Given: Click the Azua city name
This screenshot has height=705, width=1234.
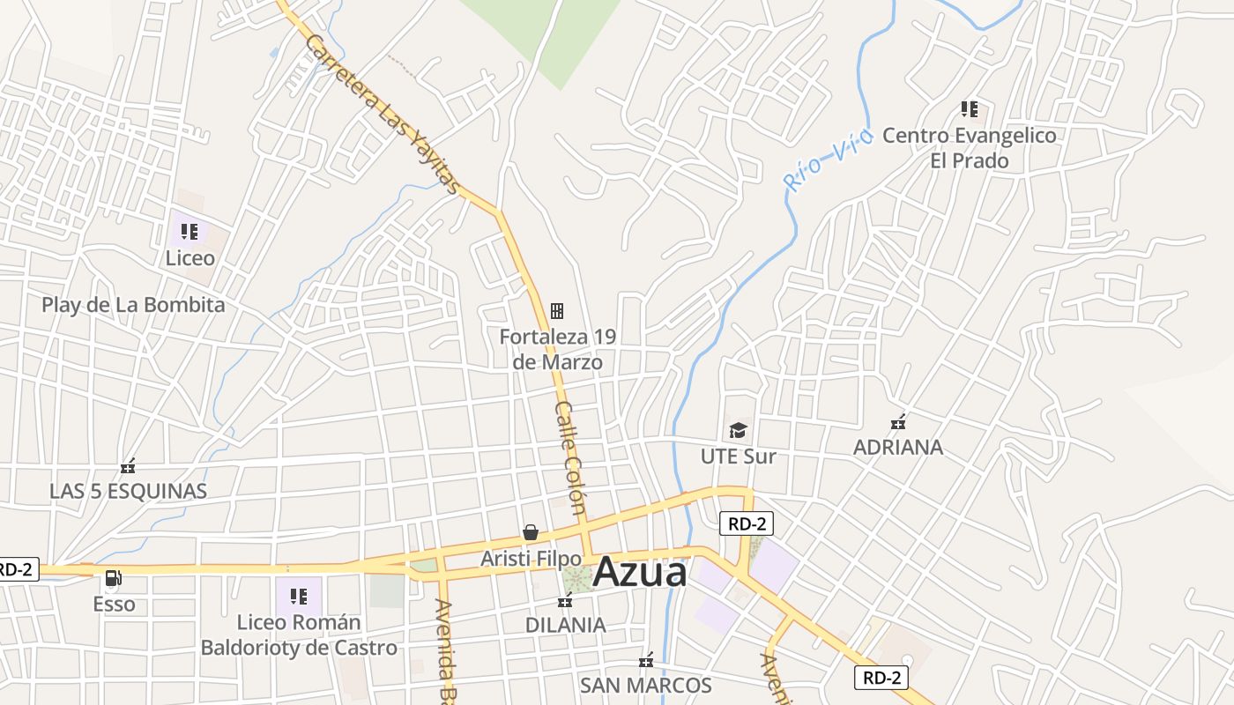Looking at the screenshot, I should tap(639, 573).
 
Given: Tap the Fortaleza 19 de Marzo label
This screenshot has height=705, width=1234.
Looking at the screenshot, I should tap(557, 349).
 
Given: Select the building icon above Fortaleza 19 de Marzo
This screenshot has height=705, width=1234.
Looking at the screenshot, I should tap(557, 310).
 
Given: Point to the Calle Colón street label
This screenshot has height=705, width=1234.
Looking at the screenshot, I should tap(570, 457).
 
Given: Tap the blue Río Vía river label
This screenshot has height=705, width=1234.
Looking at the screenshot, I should tap(828, 160).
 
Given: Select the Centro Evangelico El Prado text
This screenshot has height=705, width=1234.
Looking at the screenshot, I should tap(969, 148).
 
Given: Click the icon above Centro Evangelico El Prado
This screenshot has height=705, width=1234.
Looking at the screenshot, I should tap(970, 109).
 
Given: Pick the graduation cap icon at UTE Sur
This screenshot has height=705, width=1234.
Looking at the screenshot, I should tap(738, 430).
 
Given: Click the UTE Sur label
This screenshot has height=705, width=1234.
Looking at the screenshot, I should tap(738, 456).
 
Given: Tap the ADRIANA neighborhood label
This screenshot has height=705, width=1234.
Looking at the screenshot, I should tap(897, 447).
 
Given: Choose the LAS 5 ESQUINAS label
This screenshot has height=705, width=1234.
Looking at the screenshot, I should tap(128, 492).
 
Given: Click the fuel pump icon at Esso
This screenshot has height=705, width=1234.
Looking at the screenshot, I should tap(114, 578).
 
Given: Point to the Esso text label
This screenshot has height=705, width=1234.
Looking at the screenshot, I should tap(115, 605).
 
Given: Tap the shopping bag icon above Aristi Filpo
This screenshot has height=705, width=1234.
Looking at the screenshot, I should tap(530, 532).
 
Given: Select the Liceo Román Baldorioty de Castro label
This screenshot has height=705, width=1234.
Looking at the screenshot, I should tap(299, 635).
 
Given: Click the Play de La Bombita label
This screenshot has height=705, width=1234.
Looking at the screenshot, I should tap(133, 305).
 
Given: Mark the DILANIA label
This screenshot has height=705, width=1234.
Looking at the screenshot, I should tap(565, 625).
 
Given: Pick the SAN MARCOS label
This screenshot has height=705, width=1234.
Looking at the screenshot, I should tap(645, 686).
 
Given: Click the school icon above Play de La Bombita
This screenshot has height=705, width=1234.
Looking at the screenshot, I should tap(190, 232).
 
